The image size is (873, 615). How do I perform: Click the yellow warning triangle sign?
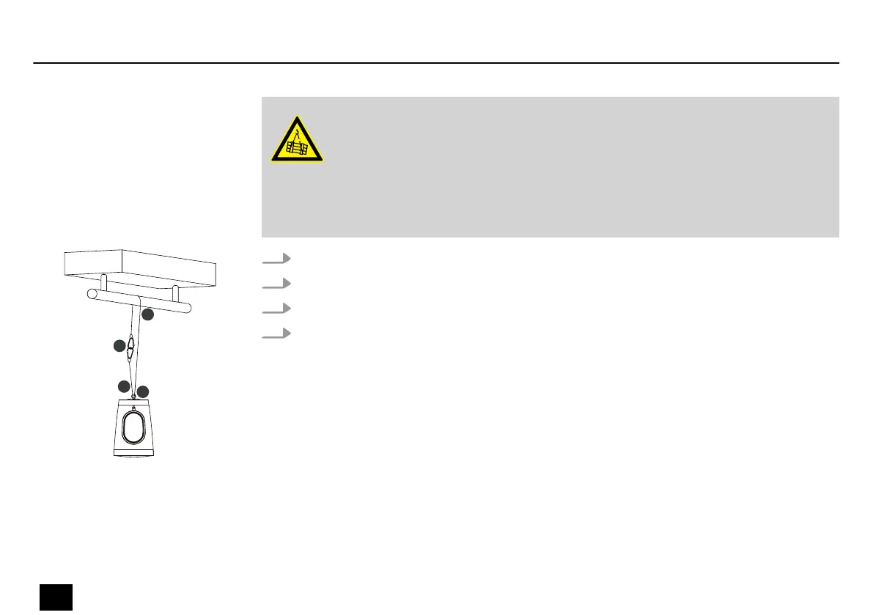pos(297,140)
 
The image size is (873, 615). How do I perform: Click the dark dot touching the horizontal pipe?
pos(148,314)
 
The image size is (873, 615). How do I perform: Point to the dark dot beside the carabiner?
pos(119,345)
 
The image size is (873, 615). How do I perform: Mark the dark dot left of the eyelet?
pos(124,386)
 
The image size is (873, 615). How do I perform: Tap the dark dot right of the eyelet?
pos(143,391)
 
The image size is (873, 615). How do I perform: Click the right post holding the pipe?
pos(174,293)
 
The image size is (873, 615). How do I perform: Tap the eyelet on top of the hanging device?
pos(133,399)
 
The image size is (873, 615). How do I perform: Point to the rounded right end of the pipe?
pos(188,308)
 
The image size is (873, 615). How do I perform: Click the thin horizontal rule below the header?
pos(436,63)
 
